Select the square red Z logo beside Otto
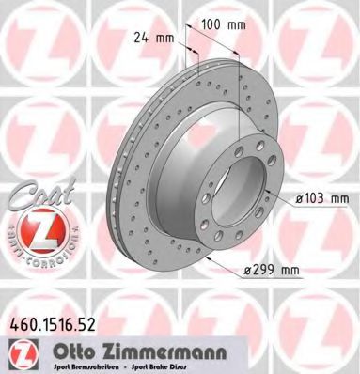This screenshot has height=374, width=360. point(20,351)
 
